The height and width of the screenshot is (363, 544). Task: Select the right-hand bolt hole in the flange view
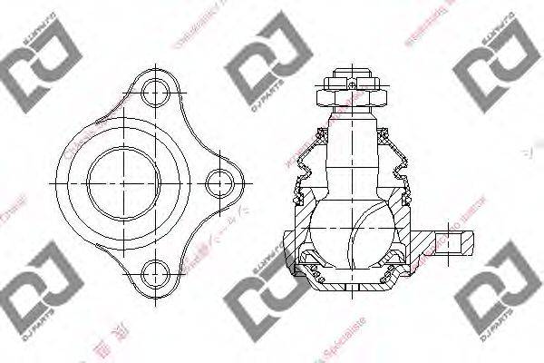click(218, 181)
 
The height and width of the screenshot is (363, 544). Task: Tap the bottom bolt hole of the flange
click(157, 272)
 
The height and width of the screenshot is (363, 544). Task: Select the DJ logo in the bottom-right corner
click(494, 289)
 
